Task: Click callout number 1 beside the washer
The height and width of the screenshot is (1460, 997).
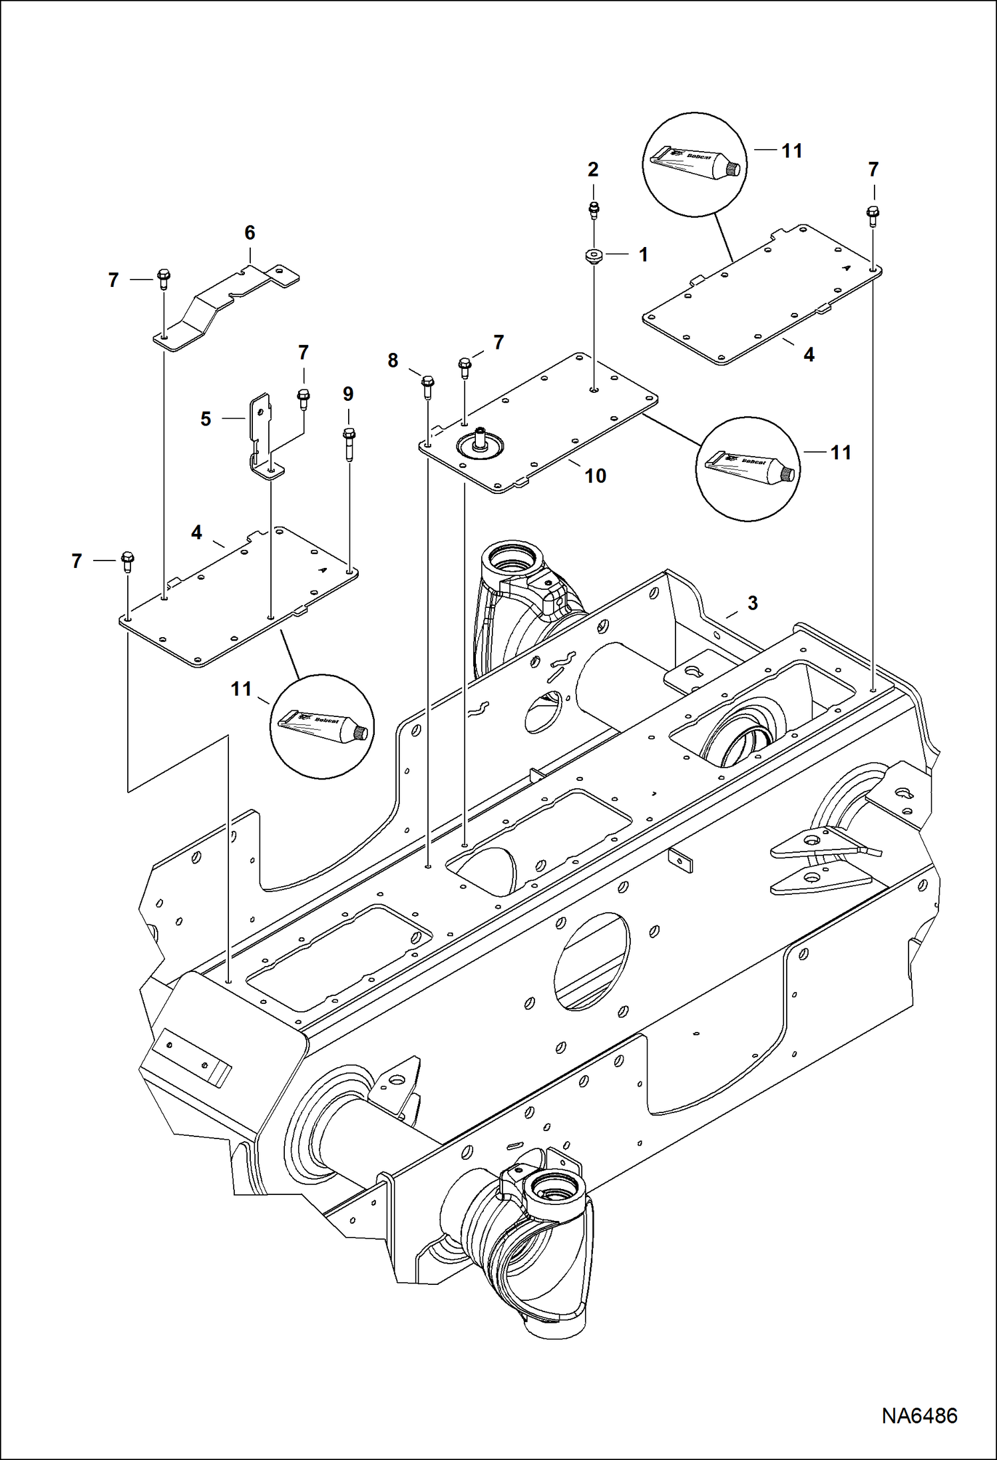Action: (643, 254)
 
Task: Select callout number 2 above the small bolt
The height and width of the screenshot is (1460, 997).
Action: (592, 169)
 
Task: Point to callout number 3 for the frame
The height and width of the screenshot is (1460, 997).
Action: (752, 603)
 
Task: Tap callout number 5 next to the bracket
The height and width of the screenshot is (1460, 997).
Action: (206, 419)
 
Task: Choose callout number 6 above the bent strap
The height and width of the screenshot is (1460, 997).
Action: (250, 232)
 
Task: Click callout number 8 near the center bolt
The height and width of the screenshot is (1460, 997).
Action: (393, 360)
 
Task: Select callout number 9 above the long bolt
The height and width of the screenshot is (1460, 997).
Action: (348, 393)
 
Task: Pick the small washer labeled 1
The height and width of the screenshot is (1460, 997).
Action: (592, 256)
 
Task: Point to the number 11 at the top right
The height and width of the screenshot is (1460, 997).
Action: (791, 151)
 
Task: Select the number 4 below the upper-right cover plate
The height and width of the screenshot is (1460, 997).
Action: (809, 355)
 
